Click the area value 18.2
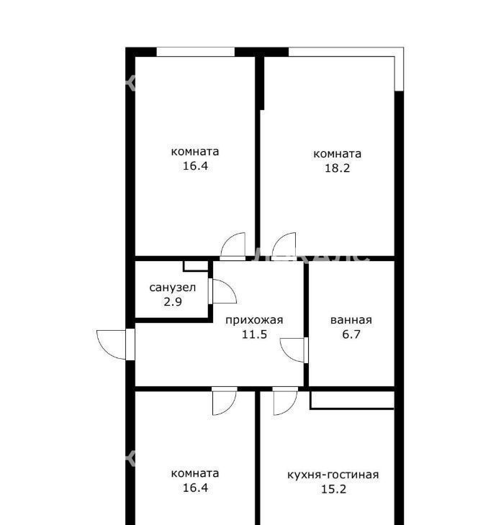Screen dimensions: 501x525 [x=337, y=168]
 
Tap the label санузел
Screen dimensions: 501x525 [x=173, y=288]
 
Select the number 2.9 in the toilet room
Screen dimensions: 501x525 [x=173, y=302]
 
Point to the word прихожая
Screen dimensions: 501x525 [x=254, y=320]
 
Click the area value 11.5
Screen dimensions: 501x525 [x=254, y=334]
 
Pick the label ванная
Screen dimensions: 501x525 [x=351, y=320]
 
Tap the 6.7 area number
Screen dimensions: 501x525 [x=351, y=334]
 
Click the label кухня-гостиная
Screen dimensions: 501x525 [x=333, y=475]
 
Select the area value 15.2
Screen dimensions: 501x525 [x=333, y=489]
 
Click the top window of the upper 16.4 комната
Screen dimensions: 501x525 [x=195, y=52]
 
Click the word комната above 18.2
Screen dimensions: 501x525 [x=337, y=154]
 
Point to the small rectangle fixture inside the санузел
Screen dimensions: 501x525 [x=196, y=266]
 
